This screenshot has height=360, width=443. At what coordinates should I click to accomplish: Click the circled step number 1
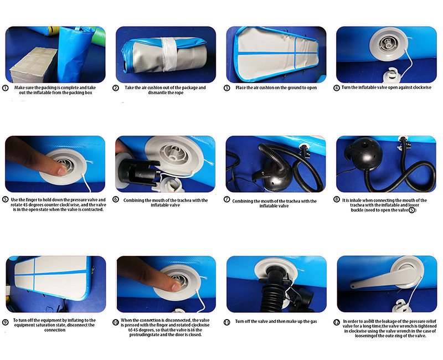click(x=5, y=88)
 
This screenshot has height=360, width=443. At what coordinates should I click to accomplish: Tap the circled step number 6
click(x=116, y=199)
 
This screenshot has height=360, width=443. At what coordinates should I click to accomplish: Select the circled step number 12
click(x=337, y=322)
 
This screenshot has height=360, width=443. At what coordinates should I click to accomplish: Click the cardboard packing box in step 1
click(x=33, y=65)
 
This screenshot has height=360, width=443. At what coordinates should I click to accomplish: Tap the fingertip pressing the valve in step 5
click(x=61, y=171)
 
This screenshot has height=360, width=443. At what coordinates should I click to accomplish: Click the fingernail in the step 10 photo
click(x=177, y=287)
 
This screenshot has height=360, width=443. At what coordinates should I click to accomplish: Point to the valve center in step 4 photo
click(x=387, y=44)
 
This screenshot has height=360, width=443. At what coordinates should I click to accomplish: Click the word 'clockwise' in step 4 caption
click(x=422, y=88)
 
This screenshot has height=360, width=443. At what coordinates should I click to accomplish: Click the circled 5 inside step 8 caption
click(x=412, y=210)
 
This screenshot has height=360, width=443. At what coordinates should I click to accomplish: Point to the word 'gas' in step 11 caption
click(x=313, y=322)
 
